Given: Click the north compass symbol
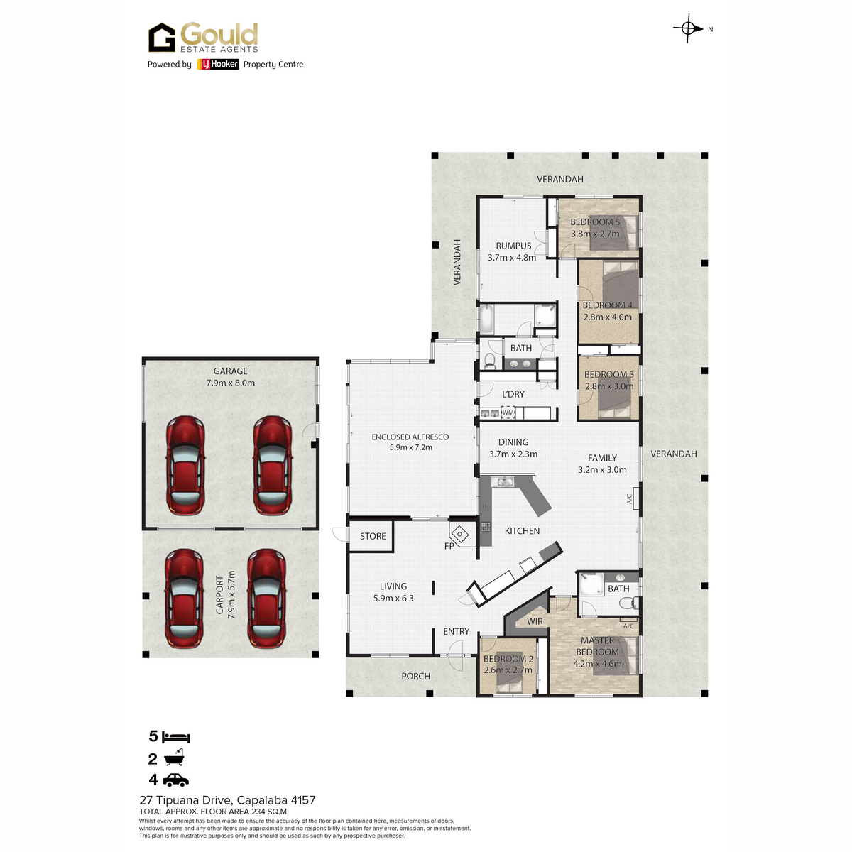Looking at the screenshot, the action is click(688, 28).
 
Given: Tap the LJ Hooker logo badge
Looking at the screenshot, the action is click(217, 64).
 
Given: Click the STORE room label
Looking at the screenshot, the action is click(373, 536).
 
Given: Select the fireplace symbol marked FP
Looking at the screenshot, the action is click(460, 535).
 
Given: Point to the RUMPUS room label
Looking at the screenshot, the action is click(513, 246).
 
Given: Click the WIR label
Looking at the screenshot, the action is click(535, 621).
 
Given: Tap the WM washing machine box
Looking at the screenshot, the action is click(508, 413).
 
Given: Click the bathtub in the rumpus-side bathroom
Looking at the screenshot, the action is click(486, 319).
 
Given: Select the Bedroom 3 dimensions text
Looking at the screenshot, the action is click(608, 386).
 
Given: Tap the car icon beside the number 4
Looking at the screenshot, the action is click(175, 780).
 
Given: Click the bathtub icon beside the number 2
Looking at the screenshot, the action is click(174, 758).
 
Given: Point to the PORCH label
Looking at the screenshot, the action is click(415, 676).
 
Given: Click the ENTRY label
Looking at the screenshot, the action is click(457, 631).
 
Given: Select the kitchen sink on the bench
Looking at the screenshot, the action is click(503, 481).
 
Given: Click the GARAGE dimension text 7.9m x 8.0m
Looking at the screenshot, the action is click(230, 383).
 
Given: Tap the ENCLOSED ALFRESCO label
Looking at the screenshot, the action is click(410, 437).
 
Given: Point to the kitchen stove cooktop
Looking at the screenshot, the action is click(486, 527).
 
